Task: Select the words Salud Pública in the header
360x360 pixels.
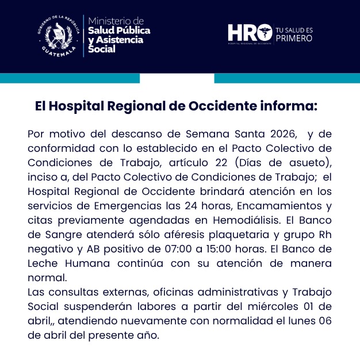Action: pyautogui.click(x=119, y=30)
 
